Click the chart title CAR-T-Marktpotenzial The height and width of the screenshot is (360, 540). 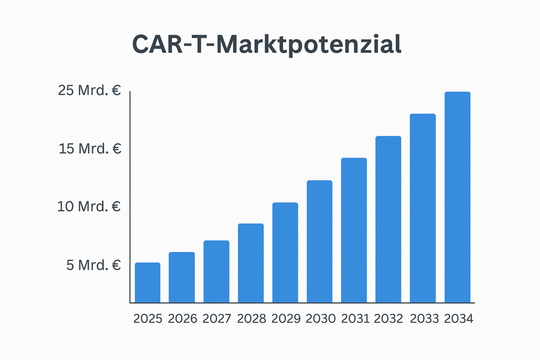[266, 45]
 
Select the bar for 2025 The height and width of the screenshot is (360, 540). [148, 283]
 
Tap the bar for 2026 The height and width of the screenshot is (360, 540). [182, 277]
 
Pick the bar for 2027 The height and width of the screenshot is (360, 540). [216, 271]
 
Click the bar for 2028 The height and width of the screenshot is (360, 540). [250, 263]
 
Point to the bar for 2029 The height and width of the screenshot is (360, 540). [285, 252]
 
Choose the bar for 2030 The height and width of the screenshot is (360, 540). [320, 241]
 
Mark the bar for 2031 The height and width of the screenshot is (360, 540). [354, 230]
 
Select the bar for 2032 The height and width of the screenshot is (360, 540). [388, 219]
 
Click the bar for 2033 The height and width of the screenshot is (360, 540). [423, 208]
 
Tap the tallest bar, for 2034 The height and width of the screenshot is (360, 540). [457, 197]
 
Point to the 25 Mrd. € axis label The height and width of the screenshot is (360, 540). [90, 91]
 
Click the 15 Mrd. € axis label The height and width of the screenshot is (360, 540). [90, 149]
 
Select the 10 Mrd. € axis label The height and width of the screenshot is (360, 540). [90, 206]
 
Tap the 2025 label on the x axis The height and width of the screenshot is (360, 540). [148, 319]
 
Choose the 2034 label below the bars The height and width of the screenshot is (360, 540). [459, 319]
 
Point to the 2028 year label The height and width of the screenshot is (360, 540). [252, 319]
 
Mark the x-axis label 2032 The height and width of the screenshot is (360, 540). [389, 319]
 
